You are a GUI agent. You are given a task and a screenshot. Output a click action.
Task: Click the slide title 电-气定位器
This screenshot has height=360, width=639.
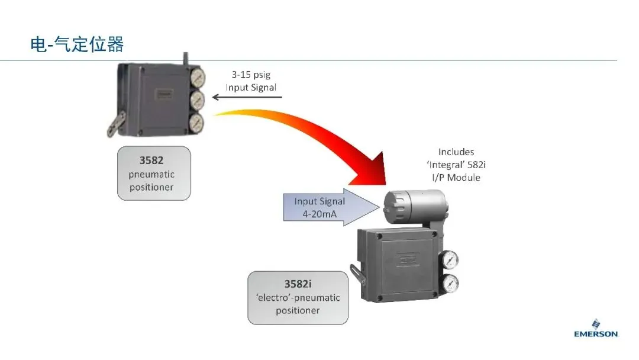pyautogui.click(x=76, y=44)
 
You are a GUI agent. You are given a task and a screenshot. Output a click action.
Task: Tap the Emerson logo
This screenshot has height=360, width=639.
pyautogui.click(x=596, y=329)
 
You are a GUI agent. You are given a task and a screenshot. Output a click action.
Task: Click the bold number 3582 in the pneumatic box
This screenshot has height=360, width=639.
pyautogui.click(x=151, y=160)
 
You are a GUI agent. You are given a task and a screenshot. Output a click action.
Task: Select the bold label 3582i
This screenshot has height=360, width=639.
pyautogui.click(x=298, y=284)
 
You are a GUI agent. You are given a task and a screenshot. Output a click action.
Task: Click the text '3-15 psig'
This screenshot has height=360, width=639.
pyautogui.click(x=251, y=75)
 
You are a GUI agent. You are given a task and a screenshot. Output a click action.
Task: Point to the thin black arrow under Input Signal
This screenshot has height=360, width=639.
pyautogui.click(x=247, y=97)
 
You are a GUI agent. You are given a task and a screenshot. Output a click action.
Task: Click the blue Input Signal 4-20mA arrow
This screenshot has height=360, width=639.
pyautogui.click(x=331, y=207)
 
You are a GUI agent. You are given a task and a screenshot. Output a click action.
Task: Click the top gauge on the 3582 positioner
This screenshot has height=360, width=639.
pyautogui.click(x=198, y=77)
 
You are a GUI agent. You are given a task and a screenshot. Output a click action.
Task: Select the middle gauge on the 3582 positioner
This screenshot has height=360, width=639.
pyautogui.click(x=198, y=100)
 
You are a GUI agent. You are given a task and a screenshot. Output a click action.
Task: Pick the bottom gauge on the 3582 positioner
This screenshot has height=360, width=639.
pyautogui.click(x=197, y=123)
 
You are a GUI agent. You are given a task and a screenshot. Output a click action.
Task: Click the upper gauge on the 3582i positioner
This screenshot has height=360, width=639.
pyautogui.click(x=450, y=259)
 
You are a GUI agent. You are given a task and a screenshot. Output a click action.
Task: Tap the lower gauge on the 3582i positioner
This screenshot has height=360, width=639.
pyautogui.click(x=450, y=284)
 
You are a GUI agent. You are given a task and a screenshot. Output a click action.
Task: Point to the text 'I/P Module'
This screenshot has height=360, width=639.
pyautogui.click(x=456, y=178)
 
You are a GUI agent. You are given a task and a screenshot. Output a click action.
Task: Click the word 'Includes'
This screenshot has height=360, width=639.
pyautogui.click(x=456, y=152)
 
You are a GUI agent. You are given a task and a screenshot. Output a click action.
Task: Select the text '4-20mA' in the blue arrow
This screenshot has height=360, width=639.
pyautogui.click(x=319, y=214)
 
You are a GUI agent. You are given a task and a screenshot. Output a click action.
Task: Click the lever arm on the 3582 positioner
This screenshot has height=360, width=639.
pyautogui.click(x=116, y=124)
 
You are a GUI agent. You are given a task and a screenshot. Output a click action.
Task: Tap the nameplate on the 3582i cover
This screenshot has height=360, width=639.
pyautogui.click(x=408, y=260)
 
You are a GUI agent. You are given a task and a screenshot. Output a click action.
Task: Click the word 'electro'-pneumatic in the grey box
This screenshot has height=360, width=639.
pyautogui.click(x=298, y=298)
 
